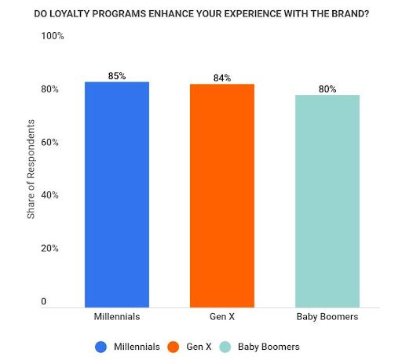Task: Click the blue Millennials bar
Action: point(116,193)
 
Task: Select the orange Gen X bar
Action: point(222,195)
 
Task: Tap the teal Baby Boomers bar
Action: point(327,200)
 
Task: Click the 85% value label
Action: point(117,76)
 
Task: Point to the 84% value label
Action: point(222,78)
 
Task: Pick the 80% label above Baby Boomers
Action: point(327,89)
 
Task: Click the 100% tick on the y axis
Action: point(53,37)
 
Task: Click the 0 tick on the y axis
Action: point(44,302)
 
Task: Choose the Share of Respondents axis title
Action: point(31,169)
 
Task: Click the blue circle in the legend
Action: point(100,346)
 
